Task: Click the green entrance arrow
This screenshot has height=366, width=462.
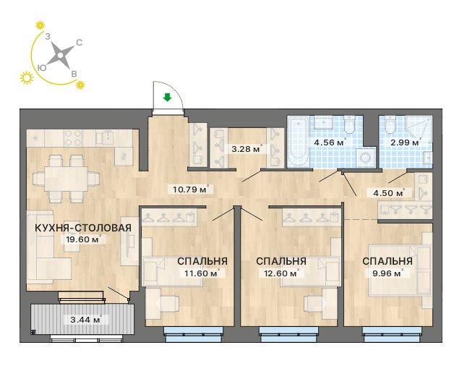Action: [167, 97]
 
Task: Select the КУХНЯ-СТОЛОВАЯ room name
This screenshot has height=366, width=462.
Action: [83, 228]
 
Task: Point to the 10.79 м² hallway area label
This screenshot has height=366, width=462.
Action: [191, 189]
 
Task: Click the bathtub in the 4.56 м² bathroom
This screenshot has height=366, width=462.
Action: [298, 142]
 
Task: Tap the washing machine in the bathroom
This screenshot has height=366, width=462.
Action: [366, 158]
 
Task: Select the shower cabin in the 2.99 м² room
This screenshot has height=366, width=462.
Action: [419, 129]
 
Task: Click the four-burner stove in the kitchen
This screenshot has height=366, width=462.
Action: [73, 137]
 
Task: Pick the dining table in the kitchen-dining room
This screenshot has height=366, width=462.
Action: [67, 179]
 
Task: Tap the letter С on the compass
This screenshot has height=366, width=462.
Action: [80, 43]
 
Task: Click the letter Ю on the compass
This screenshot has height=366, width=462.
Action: [42, 68]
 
